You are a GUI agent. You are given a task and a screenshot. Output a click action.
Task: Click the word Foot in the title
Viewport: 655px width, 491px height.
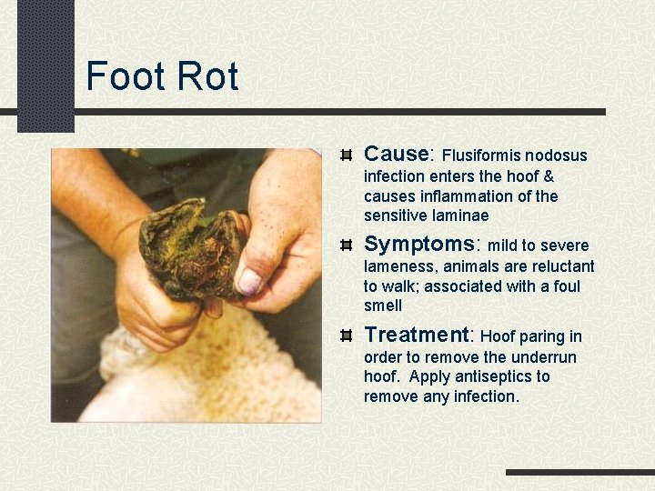tap(123, 76)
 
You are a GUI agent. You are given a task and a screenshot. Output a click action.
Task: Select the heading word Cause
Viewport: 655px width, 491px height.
tap(396, 155)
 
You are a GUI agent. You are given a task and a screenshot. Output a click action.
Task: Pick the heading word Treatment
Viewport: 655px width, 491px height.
tap(418, 336)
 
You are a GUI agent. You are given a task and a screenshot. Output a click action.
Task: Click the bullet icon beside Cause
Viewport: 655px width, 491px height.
tap(346, 155)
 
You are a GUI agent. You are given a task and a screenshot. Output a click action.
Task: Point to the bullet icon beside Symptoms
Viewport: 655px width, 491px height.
tap(346, 245)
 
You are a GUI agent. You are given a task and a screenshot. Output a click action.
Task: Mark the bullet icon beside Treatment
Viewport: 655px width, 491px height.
tap(346, 336)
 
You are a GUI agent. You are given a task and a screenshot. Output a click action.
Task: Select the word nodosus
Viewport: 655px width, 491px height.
tap(559, 155)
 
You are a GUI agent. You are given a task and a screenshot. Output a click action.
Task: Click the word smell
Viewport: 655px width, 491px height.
tap(383, 306)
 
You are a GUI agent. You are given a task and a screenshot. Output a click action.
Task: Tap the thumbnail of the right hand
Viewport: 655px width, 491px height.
tap(248, 282)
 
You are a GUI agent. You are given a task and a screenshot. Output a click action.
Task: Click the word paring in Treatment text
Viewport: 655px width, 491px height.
tap(539, 337)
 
